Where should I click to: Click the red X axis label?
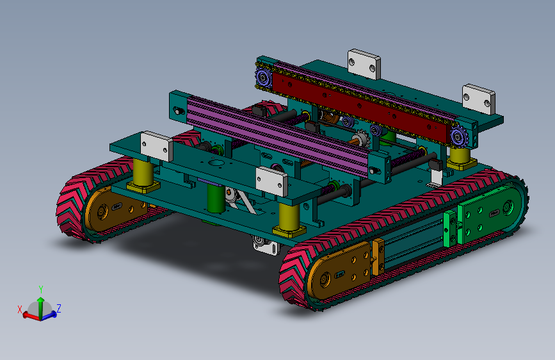point(20,309)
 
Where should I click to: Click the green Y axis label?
point(41,290)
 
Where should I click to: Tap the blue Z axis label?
point(59,308)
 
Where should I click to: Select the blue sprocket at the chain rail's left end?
point(263,78)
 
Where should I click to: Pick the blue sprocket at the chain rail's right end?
point(459,136)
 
